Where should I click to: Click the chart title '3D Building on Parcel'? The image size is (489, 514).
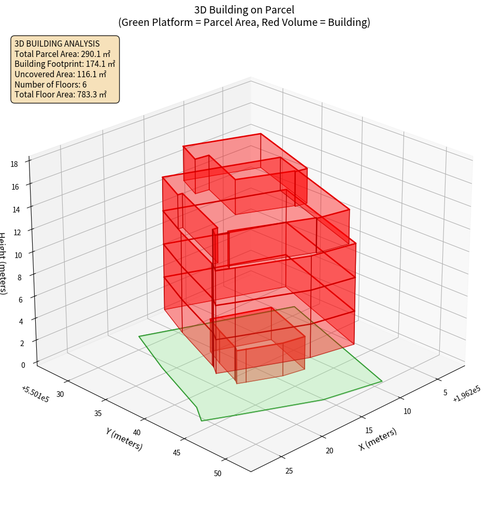[x=244, y=9]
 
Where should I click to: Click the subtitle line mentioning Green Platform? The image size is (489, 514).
[x=244, y=22]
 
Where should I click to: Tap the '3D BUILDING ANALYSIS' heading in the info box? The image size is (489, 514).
[x=57, y=44]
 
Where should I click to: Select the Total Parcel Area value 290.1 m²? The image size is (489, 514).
[x=96, y=54]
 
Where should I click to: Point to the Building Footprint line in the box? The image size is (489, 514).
[x=65, y=64]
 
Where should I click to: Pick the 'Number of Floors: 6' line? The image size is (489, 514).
[x=50, y=84]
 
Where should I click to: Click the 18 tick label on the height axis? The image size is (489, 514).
[x=14, y=164]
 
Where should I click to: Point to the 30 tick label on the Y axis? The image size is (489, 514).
[x=60, y=394]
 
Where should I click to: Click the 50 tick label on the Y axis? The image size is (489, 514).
[x=217, y=473]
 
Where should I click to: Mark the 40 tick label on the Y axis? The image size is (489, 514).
[x=137, y=433]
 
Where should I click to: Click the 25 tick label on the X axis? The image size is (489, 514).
[x=289, y=470]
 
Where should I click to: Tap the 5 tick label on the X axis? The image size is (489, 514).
[x=445, y=393]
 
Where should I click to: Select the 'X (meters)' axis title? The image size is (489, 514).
[x=378, y=439]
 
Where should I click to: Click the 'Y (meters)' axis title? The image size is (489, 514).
[x=124, y=439]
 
